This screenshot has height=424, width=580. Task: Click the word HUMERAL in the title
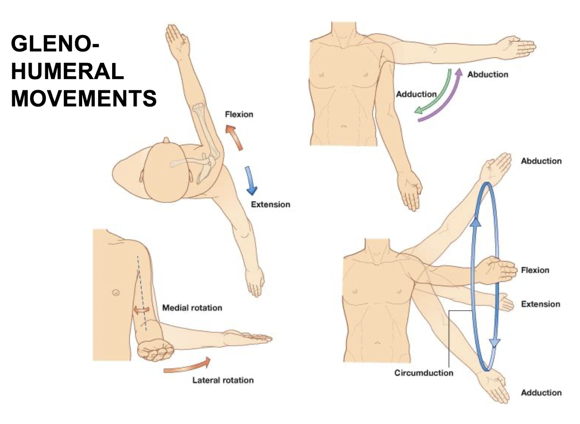tap(67, 71)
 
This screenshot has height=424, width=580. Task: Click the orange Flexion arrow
tap(234, 138)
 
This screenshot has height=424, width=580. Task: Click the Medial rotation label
tap(192, 308)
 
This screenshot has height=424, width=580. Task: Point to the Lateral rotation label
tap(223, 380)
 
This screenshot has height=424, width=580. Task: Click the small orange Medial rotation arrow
tap(141, 309)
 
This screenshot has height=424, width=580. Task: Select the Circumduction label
tap(424, 373)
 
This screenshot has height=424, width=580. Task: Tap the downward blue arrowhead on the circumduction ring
tap(494, 344)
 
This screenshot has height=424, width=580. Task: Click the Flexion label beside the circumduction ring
tap(535, 270)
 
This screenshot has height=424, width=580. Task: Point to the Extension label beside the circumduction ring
tap(540, 304)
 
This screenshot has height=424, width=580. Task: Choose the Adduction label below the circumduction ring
tap(541, 393)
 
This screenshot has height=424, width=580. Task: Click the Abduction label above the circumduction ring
tap(541, 161)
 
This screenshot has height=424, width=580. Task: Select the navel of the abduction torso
tap(344, 126)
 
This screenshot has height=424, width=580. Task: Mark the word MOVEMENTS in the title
tap(84, 99)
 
